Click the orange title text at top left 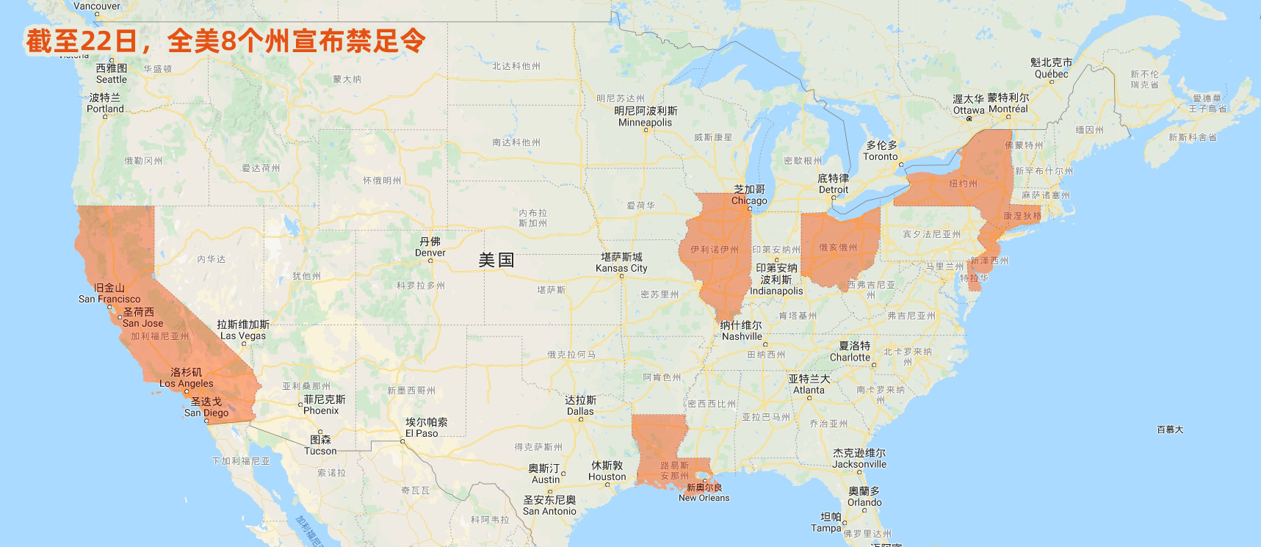225,41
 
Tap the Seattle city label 112,74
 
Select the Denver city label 430,247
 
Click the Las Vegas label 243,330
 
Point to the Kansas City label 621,263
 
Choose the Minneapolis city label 646,117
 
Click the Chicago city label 749,195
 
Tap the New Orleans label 704,493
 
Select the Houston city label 607,471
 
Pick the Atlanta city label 809,385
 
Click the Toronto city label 881,151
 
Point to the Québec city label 1051,68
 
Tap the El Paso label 426,428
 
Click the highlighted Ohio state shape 839,246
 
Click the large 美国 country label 496,260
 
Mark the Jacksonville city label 859,459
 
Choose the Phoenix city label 324,405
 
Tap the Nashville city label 742,331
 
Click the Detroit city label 834,184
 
